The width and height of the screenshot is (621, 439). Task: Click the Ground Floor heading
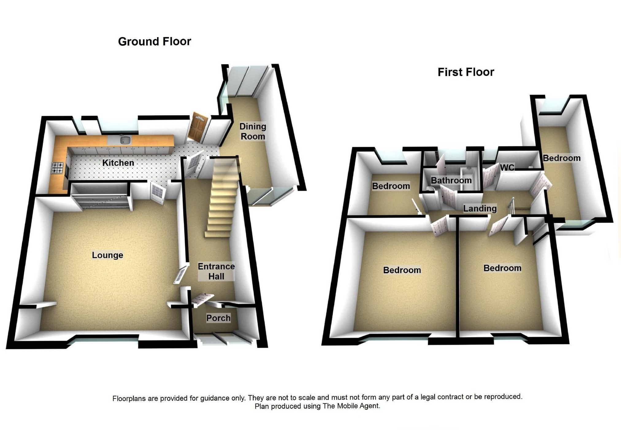coord(154,41)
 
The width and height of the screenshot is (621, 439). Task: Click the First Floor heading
coord(466,72)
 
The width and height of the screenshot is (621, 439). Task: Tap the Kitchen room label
coord(118,163)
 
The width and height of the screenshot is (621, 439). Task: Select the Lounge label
coord(107,255)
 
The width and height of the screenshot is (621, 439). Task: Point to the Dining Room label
coord(253,131)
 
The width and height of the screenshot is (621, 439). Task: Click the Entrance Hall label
coord(216,271)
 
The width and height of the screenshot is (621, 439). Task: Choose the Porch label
coord(218,318)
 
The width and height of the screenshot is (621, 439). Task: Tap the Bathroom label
coord(451,181)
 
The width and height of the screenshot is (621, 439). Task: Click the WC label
coord(507,168)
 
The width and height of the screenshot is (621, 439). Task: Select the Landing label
coord(480,209)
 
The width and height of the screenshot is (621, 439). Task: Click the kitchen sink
coord(125,140)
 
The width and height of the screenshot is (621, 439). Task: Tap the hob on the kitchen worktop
coord(58,168)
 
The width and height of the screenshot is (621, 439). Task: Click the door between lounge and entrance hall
coord(180,274)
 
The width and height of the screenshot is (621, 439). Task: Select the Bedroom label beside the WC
coord(562,158)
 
